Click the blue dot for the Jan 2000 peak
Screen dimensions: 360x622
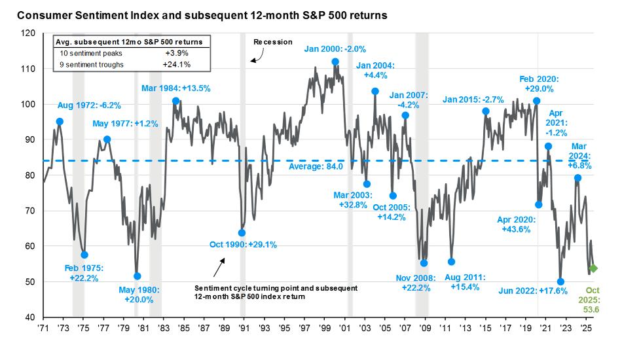click(x=335, y=62)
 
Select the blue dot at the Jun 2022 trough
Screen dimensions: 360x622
click(x=560, y=281)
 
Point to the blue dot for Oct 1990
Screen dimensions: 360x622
click(x=242, y=233)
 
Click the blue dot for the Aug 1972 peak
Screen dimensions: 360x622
click(x=60, y=121)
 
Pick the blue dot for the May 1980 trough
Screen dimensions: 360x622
click(x=137, y=276)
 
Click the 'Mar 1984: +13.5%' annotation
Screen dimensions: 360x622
click(x=176, y=88)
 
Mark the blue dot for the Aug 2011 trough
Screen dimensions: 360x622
click(x=451, y=262)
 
